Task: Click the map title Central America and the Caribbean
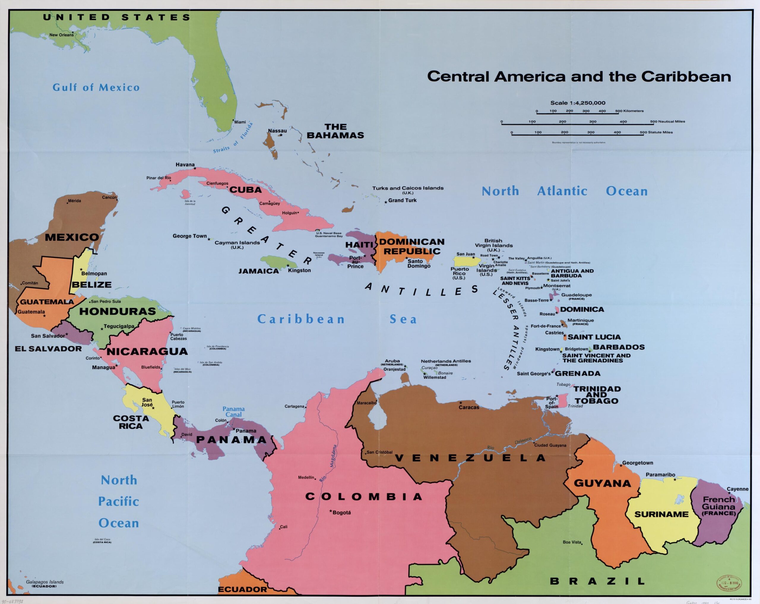click(x=579, y=77)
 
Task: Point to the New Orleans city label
click(x=61, y=35)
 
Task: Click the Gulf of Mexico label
click(x=96, y=87)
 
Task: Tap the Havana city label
click(x=185, y=165)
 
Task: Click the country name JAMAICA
click(x=259, y=271)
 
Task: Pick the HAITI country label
click(x=359, y=245)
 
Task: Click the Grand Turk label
click(x=402, y=200)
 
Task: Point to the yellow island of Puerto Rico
click(x=466, y=262)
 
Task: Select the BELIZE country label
click(x=92, y=284)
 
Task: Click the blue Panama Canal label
click(x=233, y=412)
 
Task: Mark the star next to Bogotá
click(x=331, y=511)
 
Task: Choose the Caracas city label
click(x=468, y=407)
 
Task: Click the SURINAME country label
click(x=661, y=514)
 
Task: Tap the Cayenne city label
click(x=737, y=489)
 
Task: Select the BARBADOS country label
click(x=619, y=347)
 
